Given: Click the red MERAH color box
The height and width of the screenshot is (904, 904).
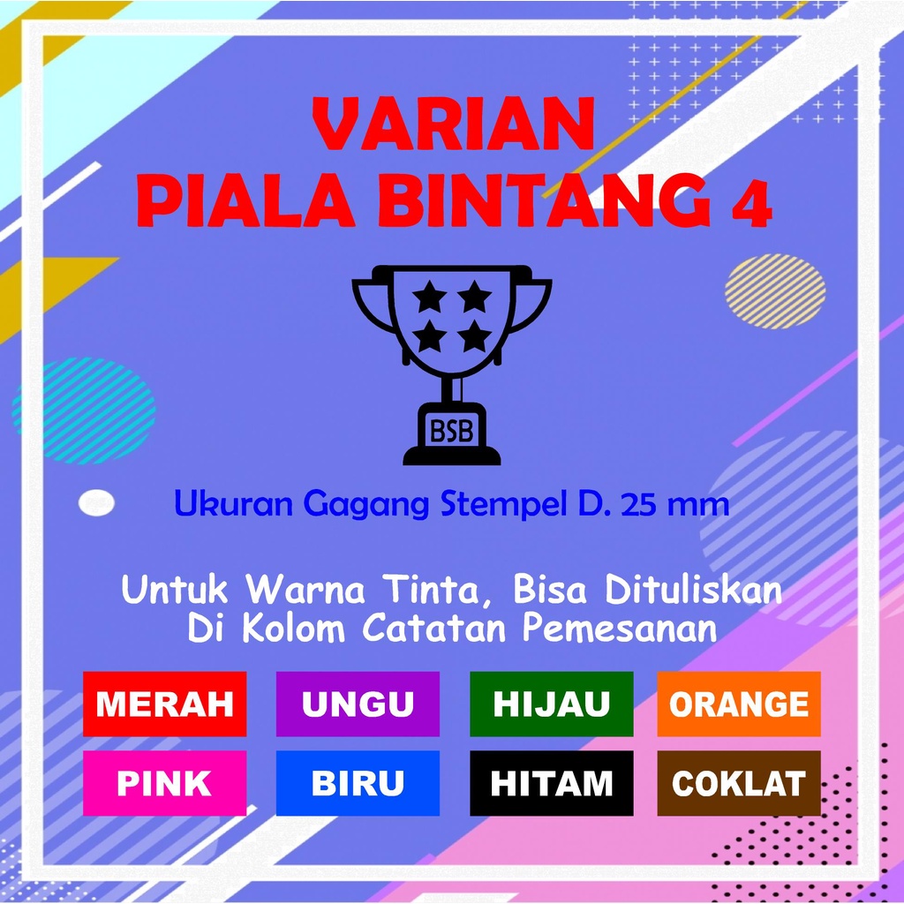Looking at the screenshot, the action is [x=164, y=704].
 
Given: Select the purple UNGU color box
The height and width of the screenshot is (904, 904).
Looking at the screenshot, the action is [x=358, y=704].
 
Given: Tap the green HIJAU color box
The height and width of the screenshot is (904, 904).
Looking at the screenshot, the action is [x=551, y=704].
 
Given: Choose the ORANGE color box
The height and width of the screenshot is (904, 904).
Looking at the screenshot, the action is [x=739, y=704].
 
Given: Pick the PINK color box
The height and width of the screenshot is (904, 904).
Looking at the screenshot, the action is [x=164, y=783].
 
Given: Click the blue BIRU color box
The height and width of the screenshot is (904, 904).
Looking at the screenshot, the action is [x=358, y=783].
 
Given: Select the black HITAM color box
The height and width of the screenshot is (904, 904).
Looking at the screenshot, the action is [x=551, y=783].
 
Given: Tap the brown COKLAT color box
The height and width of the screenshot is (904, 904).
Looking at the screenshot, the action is [x=739, y=783].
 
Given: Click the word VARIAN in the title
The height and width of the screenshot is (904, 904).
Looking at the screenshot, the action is [x=453, y=124].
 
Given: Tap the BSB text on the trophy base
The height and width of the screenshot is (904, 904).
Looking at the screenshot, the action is [x=451, y=431].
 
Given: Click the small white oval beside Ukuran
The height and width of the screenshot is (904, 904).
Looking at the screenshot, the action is [x=96, y=502].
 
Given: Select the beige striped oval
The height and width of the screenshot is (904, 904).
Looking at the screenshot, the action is [x=775, y=291].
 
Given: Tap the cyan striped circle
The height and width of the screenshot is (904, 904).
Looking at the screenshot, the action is [x=84, y=411].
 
